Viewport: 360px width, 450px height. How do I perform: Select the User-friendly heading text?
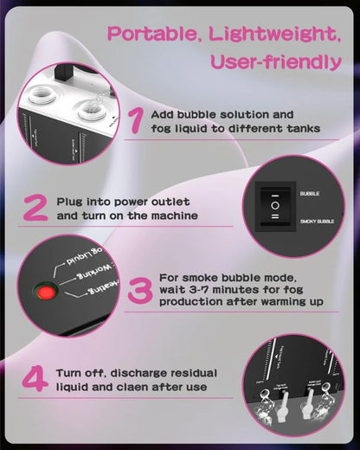pyautogui.click(x=275, y=62)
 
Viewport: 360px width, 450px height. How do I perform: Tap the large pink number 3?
pyautogui.click(x=139, y=292)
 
